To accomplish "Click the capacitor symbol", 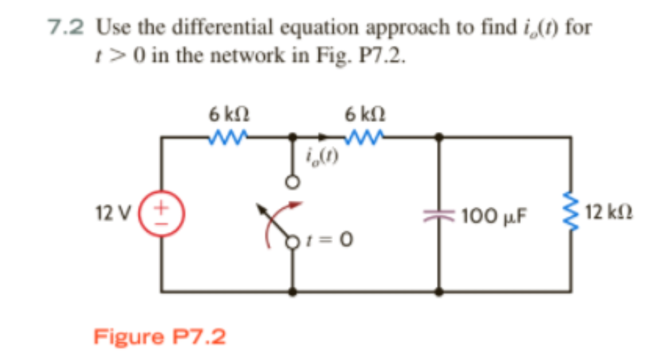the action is click(440, 215).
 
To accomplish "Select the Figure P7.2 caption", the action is click(160, 336).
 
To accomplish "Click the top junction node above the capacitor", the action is click(440, 136).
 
